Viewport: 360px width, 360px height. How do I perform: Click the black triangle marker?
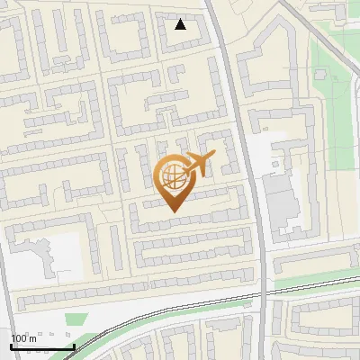click(181, 24)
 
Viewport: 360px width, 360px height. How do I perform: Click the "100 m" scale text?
click(23, 337)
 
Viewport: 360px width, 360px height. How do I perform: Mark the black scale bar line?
click(42, 346)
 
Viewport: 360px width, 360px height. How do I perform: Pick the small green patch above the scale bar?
click(76, 319)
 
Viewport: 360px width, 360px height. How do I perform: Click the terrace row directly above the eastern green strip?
click(315, 261)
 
